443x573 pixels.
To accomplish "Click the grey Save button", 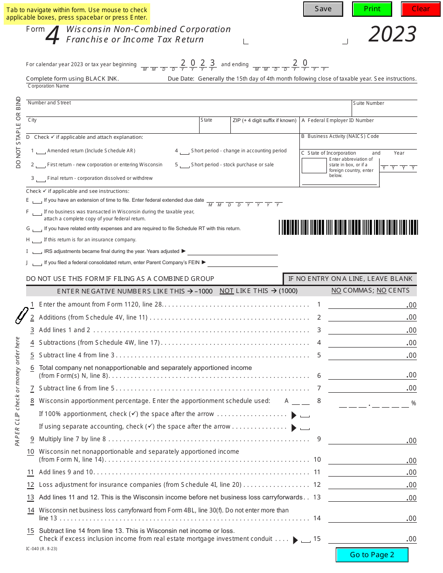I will coord(323,9).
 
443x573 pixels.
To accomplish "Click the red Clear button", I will coord(421,9).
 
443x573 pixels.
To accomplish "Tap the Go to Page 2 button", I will coord(372,554).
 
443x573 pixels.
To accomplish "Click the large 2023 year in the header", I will coord(392,34).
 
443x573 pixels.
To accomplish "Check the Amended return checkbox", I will coord(41,151).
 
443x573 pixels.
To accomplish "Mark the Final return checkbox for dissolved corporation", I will coord(41,179).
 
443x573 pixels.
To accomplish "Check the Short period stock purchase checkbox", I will coord(185,165).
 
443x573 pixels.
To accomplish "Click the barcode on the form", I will coord(348,227).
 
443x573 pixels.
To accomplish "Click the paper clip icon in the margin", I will coord(21,315).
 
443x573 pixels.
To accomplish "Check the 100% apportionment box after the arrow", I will coord(305,415).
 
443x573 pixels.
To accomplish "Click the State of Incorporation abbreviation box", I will coord(314,166).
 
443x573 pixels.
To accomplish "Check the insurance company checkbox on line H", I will coord(37,240).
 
